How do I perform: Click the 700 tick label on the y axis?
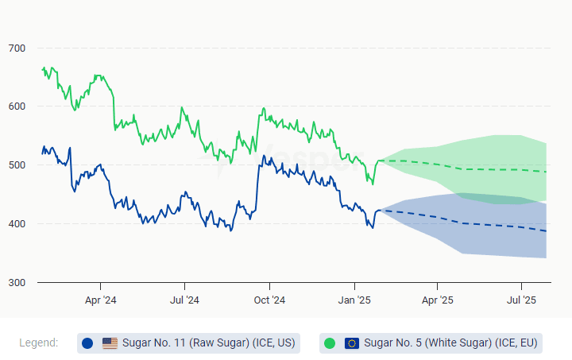(17, 48)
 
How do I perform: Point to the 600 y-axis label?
(17, 106)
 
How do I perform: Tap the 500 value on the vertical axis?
(17, 165)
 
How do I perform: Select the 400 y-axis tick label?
(17, 224)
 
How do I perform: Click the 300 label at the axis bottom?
(17, 283)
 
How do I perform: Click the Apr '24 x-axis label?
(100, 300)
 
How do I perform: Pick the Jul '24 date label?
(184, 300)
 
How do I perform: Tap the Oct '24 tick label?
(269, 300)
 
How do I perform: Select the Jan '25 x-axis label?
(354, 300)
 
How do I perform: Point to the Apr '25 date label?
(437, 300)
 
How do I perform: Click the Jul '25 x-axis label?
(521, 300)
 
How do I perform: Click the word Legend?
(39, 343)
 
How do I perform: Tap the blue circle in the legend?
(87, 343)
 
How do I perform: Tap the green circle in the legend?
(330, 343)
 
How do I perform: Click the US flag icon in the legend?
(110, 343)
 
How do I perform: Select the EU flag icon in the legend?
(352, 343)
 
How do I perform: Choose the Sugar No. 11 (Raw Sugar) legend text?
(208, 343)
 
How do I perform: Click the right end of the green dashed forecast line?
(546, 172)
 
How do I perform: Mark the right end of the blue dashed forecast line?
(546, 231)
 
